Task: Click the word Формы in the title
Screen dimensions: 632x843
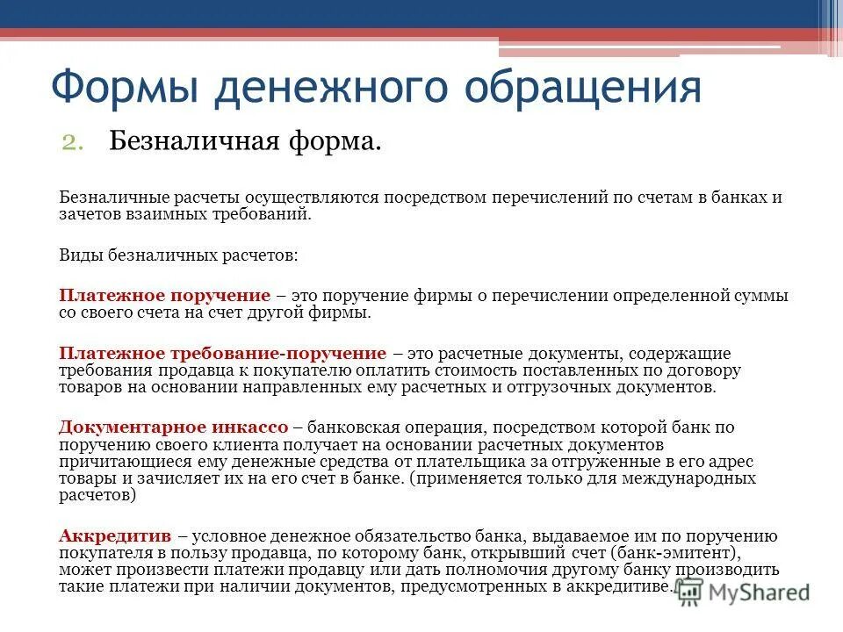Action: click(x=124, y=88)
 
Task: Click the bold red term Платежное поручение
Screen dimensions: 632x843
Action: click(x=164, y=296)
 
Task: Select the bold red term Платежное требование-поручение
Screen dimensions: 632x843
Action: click(x=222, y=353)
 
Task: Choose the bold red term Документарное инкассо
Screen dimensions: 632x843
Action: click(x=173, y=427)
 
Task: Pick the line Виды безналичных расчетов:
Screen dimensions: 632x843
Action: click(x=178, y=255)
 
